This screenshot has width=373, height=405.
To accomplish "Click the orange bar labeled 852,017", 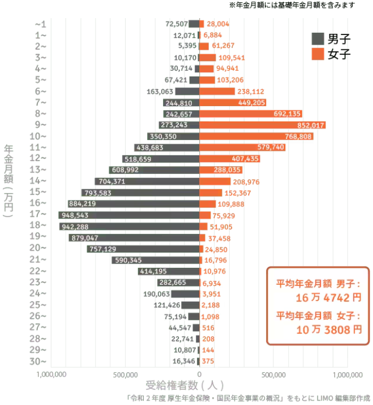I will pyautogui.click(x=263, y=125).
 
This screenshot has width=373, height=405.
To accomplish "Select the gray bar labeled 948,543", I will pyautogui.click(x=129, y=215).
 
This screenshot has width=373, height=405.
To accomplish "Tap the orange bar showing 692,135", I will pyautogui.click(x=251, y=114).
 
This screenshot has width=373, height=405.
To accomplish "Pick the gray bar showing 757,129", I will pyautogui.click(x=143, y=249).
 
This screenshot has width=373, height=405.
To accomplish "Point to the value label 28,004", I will pyautogui.click(x=218, y=24).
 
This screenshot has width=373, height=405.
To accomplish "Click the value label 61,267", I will pyautogui.click(x=223, y=46).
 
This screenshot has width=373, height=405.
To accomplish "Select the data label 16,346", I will pyautogui.click(x=184, y=361).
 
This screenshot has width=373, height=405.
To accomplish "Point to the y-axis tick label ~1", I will pyautogui.click(x=40, y=24).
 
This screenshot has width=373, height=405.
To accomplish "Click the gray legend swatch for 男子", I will pyautogui.click(x=318, y=38).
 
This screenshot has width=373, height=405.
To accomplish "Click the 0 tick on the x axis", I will pyautogui.click(x=199, y=374).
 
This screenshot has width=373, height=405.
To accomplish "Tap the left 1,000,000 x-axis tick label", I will pyautogui.click(x=52, y=374).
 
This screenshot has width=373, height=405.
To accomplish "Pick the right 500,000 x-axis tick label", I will pyautogui.click(x=273, y=374).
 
